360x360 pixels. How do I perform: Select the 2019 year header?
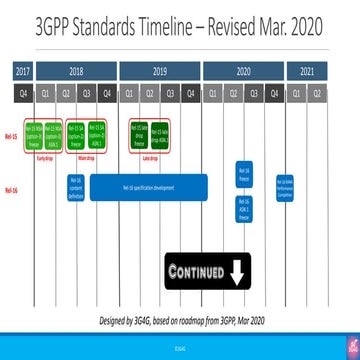coord(159,71)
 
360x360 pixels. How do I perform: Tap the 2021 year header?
coord(306,71)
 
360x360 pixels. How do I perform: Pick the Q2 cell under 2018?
coord(66,92)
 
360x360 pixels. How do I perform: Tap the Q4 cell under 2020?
coord(272,92)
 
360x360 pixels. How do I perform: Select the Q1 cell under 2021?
coord(306,92)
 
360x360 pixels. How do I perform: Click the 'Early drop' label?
coord(45,157)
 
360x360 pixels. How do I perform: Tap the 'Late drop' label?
coord(149,157)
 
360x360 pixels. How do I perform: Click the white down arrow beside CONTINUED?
coord(237,271)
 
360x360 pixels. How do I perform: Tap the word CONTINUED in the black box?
coord(196,271)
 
